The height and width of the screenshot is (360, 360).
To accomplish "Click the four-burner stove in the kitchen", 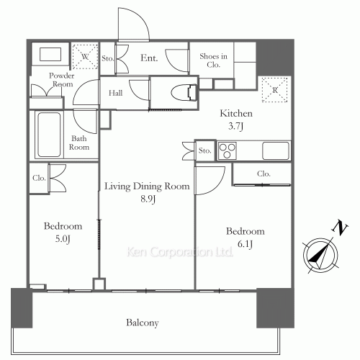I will pos(228,150).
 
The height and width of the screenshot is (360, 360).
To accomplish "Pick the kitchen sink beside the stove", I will pos(276,150).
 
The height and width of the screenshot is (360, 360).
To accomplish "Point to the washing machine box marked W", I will pos(85,56).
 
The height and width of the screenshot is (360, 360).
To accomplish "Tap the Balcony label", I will pos(141,323).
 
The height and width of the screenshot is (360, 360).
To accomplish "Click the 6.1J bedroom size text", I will pos(245,243).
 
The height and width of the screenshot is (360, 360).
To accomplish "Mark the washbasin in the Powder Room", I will pos(49,55).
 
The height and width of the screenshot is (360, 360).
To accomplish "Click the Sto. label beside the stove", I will pos(204,151).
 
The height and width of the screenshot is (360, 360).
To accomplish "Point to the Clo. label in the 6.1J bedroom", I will pos(264,174).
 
